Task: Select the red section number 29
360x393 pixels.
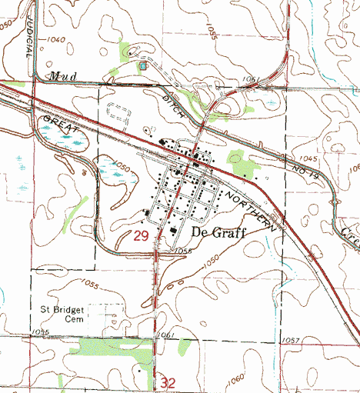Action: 141,238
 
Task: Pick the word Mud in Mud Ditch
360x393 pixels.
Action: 57,75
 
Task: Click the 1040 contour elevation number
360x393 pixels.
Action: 55,39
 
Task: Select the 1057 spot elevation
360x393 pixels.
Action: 290,339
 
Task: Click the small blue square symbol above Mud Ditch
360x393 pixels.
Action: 142,66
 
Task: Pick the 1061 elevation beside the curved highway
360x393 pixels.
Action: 248,78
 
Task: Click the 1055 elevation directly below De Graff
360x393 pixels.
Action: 182,251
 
